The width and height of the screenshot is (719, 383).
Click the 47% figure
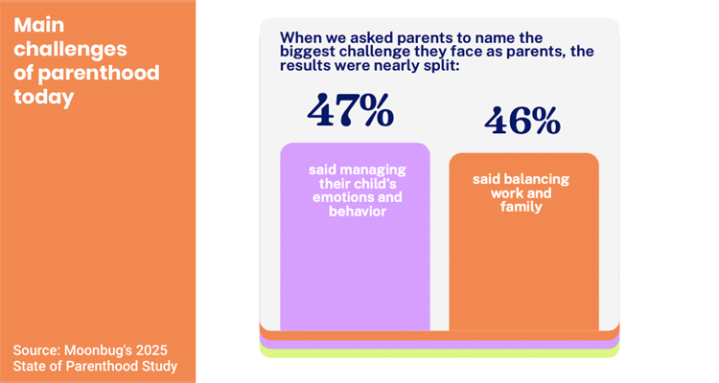click(x=351, y=110)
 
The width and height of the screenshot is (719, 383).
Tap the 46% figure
click(x=522, y=122)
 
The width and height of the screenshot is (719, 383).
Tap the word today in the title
click(x=43, y=98)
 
